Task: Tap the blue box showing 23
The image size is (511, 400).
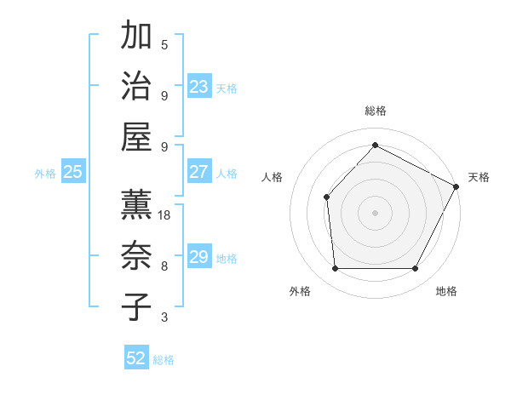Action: point(199,87)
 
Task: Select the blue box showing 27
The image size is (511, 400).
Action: point(199,172)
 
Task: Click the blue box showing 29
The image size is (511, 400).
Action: point(199,257)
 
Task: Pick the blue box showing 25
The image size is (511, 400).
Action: point(72,172)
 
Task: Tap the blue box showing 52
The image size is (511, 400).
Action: point(136,358)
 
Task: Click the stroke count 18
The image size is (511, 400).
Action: point(165,215)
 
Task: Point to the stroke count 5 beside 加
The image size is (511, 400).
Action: point(164,44)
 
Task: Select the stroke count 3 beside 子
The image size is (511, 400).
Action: point(164,317)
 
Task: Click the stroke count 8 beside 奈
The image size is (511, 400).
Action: point(164,266)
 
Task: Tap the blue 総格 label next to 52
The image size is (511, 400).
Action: point(164,360)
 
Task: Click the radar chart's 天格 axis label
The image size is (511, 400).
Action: point(479,177)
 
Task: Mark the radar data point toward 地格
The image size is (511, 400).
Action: point(416,269)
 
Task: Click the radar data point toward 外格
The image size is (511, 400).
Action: point(335,269)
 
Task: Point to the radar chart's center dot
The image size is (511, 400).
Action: point(375,212)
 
